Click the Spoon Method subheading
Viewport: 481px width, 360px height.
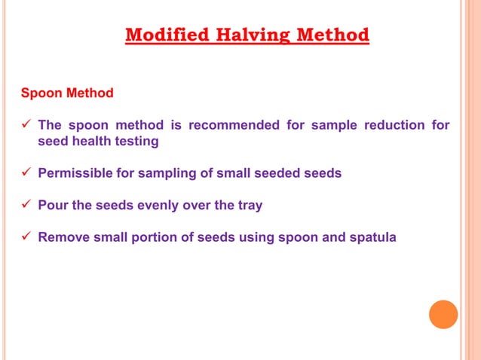[67, 93]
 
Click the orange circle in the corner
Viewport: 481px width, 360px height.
[443, 314]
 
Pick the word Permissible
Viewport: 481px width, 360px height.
[75, 173]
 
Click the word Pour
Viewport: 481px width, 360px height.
[53, 206]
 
